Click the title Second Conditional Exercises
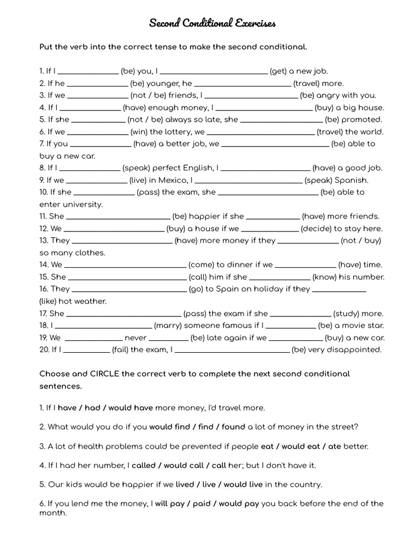[x=212, y=23]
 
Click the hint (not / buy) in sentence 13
[x=361, y=240]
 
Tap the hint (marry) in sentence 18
[x=168, y=325]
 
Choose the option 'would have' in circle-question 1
[x=131, y=408]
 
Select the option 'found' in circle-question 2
[x=233, y=427]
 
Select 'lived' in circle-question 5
[x=185, y=484]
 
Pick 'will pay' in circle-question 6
[x=170, y=503]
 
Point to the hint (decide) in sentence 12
[x=316, y=228]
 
